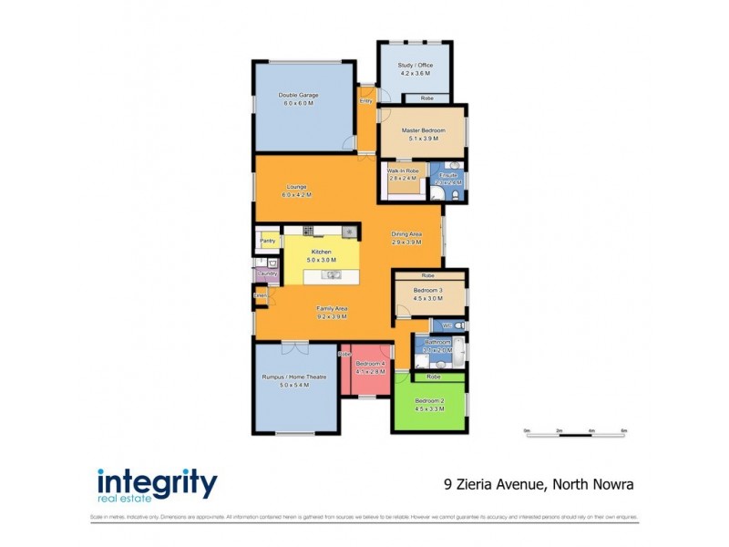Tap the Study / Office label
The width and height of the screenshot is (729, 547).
(x=415, y=66)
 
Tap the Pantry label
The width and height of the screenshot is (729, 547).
(x=268, y=241)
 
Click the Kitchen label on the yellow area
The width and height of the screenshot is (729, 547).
(x=320, y=252)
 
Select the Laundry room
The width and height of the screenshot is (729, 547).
(x=267, y=273)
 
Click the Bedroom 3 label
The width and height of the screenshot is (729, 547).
(x=427, y=290)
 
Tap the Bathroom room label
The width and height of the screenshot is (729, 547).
(x=437, y=342)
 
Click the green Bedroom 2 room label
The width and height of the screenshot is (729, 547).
(x=429, y=401)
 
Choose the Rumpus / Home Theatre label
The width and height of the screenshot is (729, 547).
(x=295, y=377)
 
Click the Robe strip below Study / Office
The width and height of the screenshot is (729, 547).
(x=426, y=98)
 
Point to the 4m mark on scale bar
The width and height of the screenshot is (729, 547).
(x=591, y=429)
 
